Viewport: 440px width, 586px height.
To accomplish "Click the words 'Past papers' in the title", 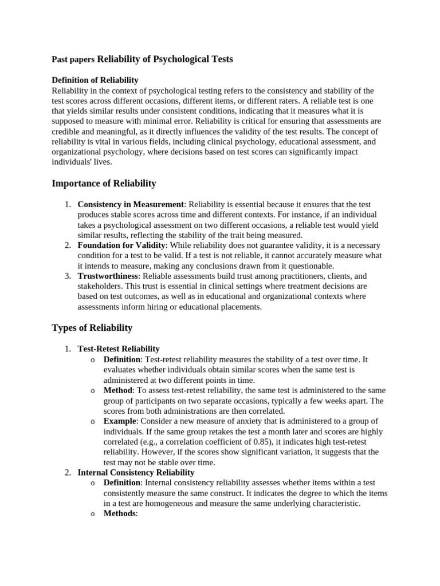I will (x=73, y=60).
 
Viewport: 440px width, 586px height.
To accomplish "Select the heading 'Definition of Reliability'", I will (x=95, y=80).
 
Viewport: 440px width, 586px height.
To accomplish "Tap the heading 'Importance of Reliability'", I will (x=104, y=183).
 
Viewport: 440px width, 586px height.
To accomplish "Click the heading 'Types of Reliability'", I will (x=92, y=328).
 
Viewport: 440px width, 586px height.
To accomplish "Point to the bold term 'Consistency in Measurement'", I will (x=131, y=204).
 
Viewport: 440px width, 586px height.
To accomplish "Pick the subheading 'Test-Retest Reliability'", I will (x=119, y=349).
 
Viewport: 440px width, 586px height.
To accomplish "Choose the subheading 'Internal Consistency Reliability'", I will (x=136, y=473).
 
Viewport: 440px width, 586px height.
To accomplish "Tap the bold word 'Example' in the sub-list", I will (x=120, y=421).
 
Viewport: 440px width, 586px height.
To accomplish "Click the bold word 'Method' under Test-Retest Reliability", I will (x=117, y=390).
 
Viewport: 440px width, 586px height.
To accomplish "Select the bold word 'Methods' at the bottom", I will (x=120, y=514).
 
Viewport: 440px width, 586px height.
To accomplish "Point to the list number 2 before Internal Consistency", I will (x=66, y=473).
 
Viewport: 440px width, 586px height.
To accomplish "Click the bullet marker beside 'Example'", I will (x=93, y=422).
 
